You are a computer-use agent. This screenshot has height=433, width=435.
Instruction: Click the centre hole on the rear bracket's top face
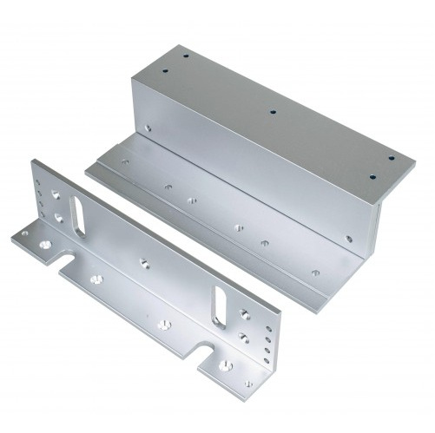pos(272,112)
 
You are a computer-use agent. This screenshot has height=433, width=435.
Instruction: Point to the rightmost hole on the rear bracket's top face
pos(391,158)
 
